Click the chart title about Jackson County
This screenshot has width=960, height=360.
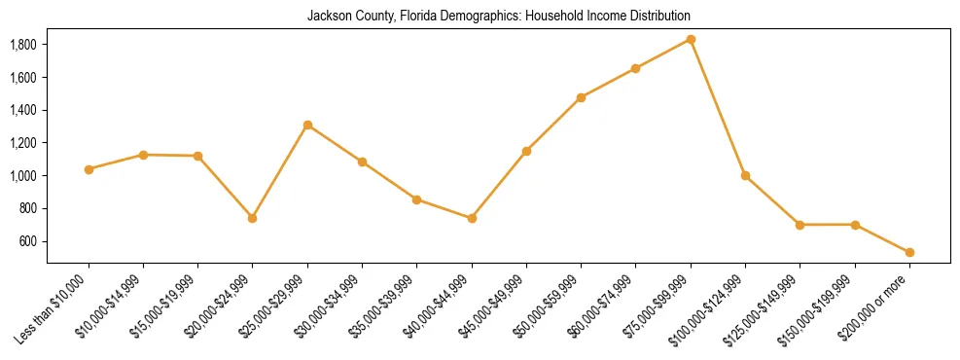499,16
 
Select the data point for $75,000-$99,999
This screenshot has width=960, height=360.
691,39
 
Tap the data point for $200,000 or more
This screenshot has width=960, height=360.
909,252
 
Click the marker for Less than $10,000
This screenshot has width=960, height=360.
89,169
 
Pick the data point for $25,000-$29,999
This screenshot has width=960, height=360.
307,125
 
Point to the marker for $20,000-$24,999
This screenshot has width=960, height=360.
253,218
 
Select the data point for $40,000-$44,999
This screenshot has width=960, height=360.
472,218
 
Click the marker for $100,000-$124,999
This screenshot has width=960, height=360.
745,175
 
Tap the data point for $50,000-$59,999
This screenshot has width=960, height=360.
581,97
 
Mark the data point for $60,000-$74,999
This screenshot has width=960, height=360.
635,68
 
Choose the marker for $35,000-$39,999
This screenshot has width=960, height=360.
416,199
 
